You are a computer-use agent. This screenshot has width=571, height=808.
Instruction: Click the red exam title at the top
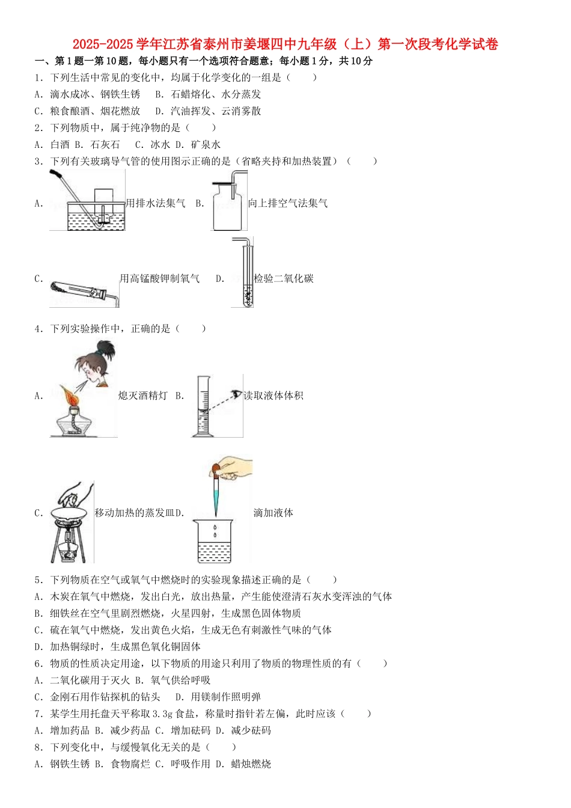click(x=285, y=44)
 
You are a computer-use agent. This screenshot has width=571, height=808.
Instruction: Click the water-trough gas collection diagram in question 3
click(x=87, y=200)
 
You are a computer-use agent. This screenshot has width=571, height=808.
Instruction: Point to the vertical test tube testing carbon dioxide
click(x=246, y=274)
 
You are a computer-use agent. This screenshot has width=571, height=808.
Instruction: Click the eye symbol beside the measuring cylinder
click(x=237, y=394)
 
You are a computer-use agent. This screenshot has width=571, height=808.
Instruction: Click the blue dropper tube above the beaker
click(x=215, y=496)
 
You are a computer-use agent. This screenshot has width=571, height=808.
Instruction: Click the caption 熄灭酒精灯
click(x=143, y=396)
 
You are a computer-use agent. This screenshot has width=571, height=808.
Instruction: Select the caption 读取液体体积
click(x=273, y=396)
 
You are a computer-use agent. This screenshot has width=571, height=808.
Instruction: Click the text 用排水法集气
click(x=156, y=204)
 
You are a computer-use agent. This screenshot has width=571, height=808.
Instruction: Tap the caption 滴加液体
click(x=273, y=513)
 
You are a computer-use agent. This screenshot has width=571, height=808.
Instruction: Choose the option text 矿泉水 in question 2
click(x=206, y=145)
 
